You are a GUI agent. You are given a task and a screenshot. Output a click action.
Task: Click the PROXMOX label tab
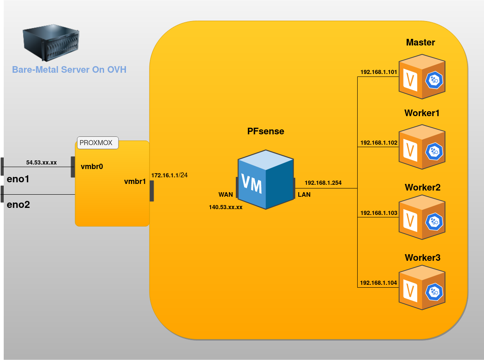coord(98,143)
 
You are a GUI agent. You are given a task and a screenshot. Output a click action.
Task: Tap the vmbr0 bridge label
coord(92,167)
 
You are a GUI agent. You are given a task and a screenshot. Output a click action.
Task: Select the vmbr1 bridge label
coord(135,181)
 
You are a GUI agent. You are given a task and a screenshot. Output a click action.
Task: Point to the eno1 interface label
coord(19,180)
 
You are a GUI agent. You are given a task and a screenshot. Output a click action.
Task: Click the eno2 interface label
coord(19,204)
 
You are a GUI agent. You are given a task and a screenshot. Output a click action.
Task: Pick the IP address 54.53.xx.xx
coord(41,162)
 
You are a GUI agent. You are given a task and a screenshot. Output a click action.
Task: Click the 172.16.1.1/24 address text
coord(169,175)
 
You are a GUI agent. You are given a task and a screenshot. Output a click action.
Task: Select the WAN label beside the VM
coord(225,194)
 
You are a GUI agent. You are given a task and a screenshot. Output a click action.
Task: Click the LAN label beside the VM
coord(304,194)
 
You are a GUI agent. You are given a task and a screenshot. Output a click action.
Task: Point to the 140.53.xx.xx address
coord(225,207)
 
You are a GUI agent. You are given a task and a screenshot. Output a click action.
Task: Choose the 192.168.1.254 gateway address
coord(323,182)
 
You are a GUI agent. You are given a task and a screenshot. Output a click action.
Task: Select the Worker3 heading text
coord(422,258)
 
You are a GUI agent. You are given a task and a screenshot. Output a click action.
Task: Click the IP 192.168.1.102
coord(379,143)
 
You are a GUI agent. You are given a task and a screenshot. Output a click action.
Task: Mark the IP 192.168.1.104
coord(379,283)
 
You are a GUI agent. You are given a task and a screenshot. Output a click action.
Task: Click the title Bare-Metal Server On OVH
coord(69,69)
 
